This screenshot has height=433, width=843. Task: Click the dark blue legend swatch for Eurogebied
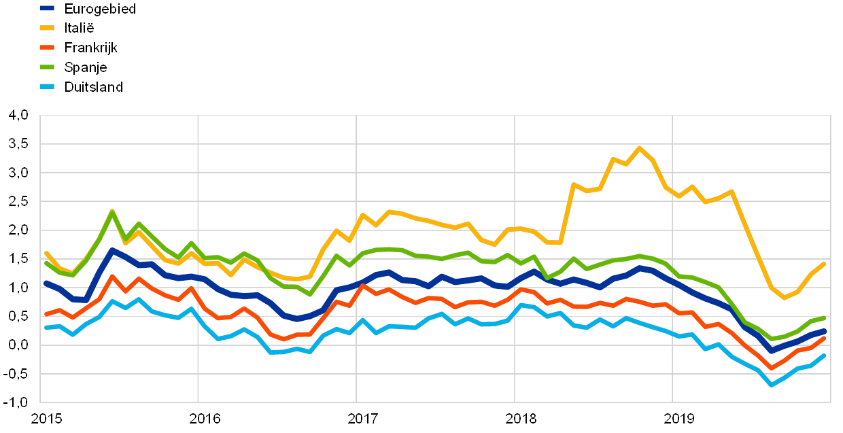click(48, 9)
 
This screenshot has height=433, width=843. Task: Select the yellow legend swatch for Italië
click(48, 28)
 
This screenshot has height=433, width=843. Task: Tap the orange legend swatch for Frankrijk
click(48, 48)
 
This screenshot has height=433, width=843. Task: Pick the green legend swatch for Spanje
click(48, 67)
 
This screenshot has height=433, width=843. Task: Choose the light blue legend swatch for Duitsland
click(48, 86)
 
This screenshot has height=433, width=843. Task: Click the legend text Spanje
click(86, 67)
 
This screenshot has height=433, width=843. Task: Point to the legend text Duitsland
click(93, 86)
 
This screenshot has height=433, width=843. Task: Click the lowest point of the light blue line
click(772, 385)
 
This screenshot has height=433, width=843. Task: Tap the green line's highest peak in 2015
click(112, 211)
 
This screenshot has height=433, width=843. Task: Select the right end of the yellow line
click(825, 263)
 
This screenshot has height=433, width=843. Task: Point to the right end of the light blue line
click(825, 355)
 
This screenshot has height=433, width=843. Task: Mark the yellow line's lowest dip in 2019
click(785, 298)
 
